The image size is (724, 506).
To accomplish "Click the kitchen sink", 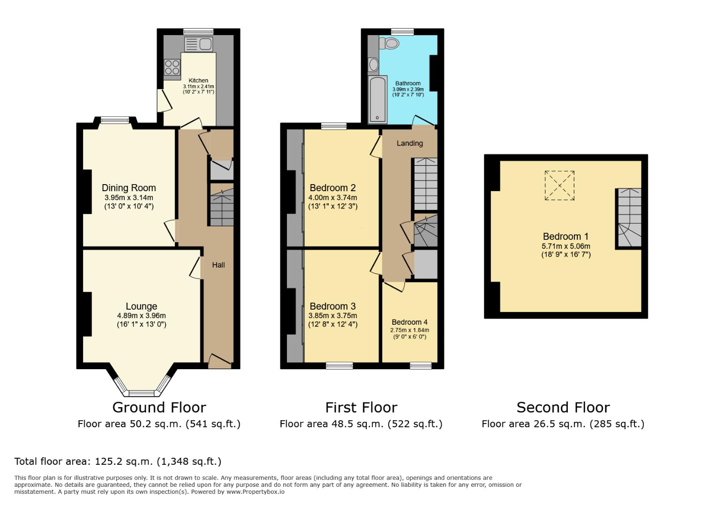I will tap(199, 45).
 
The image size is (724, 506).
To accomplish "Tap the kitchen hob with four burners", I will tap(172, 67).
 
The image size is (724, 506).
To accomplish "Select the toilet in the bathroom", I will tap(389, 44).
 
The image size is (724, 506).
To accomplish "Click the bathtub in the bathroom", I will tap(376, 100).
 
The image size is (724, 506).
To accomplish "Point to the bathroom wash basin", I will tap(374, 64).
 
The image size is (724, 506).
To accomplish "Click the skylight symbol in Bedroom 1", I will tap(559, 186).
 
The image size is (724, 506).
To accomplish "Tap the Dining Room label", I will tap(128, 188).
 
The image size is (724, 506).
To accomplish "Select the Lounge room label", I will tap(141, 306).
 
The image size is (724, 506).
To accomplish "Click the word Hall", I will tap(219, 265).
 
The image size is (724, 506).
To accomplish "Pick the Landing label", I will tap(409, 143).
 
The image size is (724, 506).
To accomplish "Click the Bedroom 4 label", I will tap(409, 322).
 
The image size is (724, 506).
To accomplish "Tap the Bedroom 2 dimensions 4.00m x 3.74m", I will tap(332, 198).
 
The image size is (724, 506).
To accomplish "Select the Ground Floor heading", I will tap(159, 407).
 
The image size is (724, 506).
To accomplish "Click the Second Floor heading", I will tap(563, 407).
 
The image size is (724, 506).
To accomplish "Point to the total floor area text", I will tap(118, 461).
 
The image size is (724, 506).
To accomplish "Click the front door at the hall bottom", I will tap(219, 361).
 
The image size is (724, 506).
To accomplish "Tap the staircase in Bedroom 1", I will tap(628, 218).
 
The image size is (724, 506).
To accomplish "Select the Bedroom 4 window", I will tap(421, 365).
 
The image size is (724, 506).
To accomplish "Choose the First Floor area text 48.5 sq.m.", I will tap(361, 424).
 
